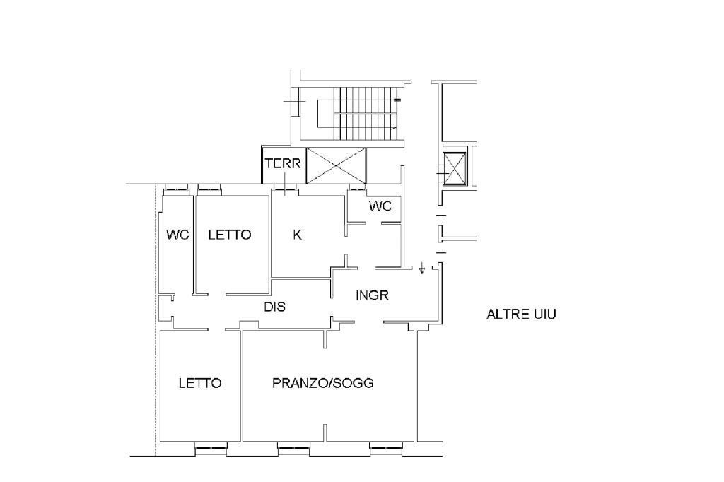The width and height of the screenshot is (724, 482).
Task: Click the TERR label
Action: point(283,163)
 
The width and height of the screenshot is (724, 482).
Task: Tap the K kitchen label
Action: point(298,235)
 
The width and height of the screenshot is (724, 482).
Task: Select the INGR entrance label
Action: point(372,295)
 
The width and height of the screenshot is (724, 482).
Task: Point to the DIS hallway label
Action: point(275,307)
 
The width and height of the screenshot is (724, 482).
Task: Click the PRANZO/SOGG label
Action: point(322,383)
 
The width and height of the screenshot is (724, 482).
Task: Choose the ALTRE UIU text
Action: point(521,314)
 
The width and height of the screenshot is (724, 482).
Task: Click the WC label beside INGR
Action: point(380,206)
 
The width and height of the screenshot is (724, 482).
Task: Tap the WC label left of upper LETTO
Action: point(177,235)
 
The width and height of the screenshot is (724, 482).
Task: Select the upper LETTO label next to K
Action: point(230,235)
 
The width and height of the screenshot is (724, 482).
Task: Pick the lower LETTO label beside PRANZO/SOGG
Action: point(200,383)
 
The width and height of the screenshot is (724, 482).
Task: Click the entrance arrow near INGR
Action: point(421,268)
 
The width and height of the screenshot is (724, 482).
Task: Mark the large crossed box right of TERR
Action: point(336,166)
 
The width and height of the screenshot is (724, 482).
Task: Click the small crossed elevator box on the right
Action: point(454,168)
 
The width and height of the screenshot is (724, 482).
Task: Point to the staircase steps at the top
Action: point(365,114)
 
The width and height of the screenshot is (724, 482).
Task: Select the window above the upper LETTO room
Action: point(209,188)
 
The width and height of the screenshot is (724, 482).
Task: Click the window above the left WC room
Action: point(177,188)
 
